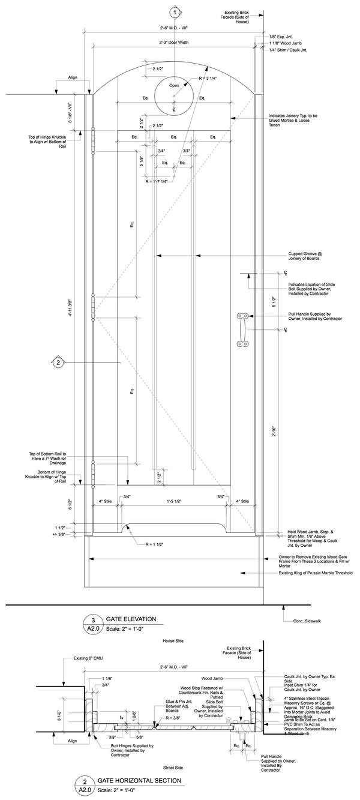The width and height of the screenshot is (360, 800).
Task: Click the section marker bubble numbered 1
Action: click(175, 12)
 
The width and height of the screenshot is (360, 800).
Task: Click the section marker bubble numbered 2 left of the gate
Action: click(58, 362)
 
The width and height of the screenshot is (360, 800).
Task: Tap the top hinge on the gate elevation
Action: click(94, 142)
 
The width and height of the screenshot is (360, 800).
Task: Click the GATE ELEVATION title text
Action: click(131, 619)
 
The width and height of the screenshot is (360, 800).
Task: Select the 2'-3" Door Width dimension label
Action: click(174, 43)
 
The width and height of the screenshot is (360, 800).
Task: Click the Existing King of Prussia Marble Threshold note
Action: click(316, 573)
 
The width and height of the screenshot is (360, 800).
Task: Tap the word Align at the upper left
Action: click(73, 77)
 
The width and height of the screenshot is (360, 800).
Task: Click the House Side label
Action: click(174, 641)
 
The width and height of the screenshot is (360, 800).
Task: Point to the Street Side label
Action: click(174, 768)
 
